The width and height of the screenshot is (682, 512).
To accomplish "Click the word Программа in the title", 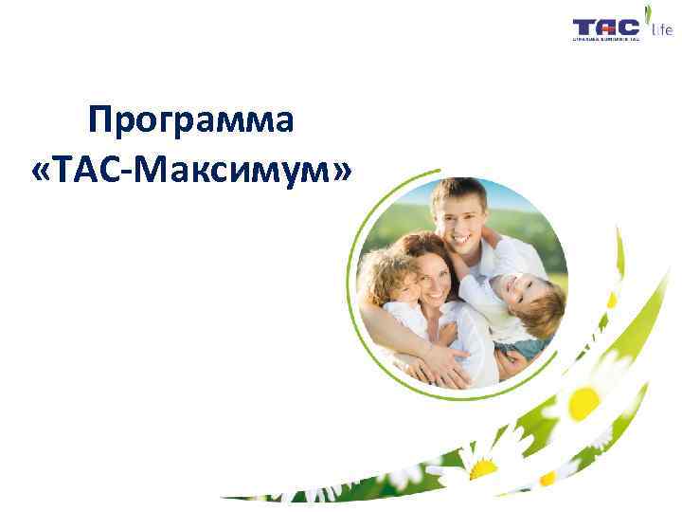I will (x=190, y=121).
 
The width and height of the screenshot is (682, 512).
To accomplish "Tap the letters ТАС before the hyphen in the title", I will (x=89, y=171).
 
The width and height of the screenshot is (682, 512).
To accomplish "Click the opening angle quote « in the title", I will (x=43, y=172).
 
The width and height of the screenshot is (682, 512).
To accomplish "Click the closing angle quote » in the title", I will (x=339, y=172).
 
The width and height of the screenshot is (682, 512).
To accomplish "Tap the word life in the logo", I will (x=661, y=30).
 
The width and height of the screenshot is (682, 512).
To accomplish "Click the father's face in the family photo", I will (x=458, y=216).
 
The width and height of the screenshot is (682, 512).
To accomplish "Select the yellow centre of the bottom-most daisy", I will (x=482, y=468).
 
